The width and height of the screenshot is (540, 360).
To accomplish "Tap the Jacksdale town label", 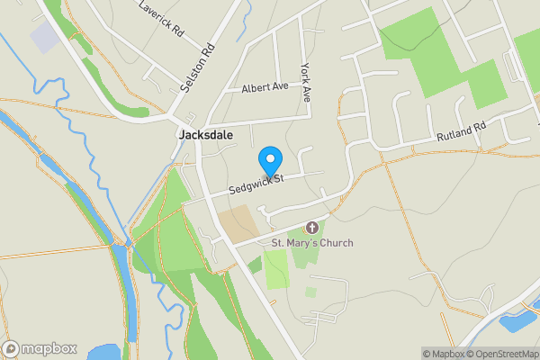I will pos(206,135).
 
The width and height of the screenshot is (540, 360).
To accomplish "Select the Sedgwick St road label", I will pos(256,184).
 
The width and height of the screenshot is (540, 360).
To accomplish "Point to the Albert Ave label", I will pos(264,88).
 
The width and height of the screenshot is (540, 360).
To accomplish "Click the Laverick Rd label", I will pos(162,18).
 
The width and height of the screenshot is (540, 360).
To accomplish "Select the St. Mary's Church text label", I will pos(312,243).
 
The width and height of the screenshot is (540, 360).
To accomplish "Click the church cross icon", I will pos(312,228).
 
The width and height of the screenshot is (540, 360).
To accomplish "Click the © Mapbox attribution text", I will pos(445,354).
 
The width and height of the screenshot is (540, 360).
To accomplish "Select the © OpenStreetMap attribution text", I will pos(504,354).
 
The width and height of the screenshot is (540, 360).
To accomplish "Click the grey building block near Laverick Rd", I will pos(43,37).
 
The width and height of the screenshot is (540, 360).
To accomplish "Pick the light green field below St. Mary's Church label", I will pos(277,268).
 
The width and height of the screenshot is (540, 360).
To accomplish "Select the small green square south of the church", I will pos(310,292).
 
